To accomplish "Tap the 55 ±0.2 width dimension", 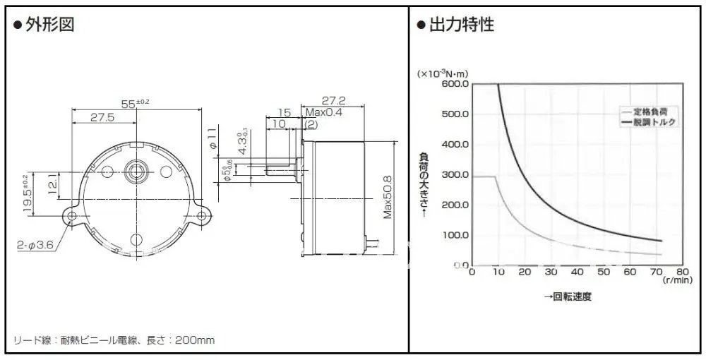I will (134, 103).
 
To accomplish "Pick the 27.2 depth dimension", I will (333, 100).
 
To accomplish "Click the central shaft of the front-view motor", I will (135, 169).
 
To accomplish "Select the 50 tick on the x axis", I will (604, 272).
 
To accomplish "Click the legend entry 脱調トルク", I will (652, 122).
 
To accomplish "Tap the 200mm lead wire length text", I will (196, 341).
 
